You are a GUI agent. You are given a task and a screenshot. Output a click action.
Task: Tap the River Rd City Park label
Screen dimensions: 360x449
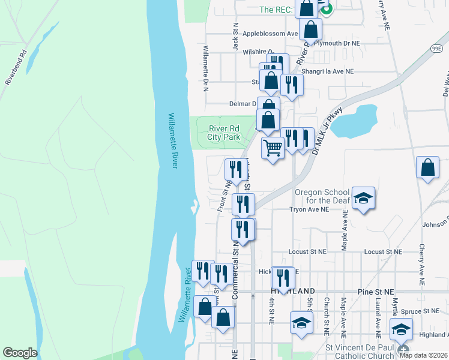tap(224, 133)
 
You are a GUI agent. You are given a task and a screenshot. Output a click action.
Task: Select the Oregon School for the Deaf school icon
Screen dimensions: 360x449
tap(363, 198)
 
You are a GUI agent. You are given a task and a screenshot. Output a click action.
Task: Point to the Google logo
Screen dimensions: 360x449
tap(20, 353)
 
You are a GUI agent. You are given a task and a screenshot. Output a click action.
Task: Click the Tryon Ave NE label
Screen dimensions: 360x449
tap(309, 210)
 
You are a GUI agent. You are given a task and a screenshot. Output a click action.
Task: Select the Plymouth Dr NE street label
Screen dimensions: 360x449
tap(338, 43)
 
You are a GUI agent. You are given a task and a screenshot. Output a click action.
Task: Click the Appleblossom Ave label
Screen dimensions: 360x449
tap(270, 34)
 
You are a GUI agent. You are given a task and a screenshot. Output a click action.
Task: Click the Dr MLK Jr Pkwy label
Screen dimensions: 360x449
tap(324, 130)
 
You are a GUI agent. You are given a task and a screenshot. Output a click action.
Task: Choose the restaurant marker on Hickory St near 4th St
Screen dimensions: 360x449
tap(283, 277)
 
